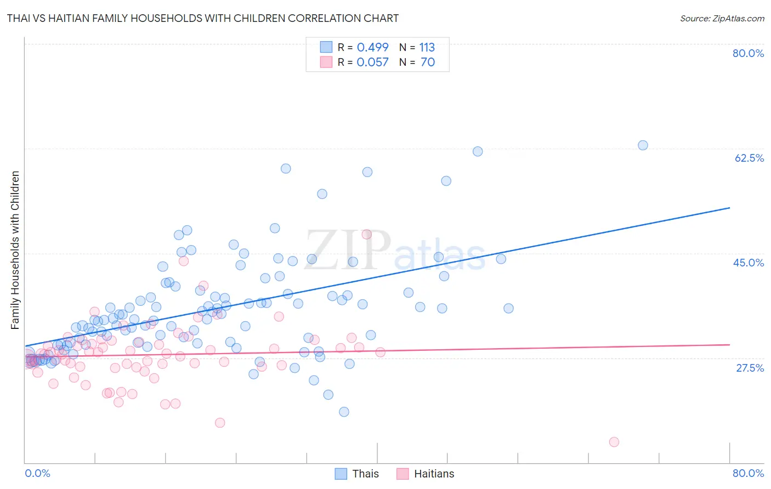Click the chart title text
click(x=203, y=18)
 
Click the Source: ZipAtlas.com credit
click(x=722, y=18)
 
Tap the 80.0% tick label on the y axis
click(x=748, y=53)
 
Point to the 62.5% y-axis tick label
click(x=749, y=158)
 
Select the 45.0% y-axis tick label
click(x=749, y=263)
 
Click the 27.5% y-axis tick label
click(x=750, y=368)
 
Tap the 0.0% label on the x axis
click(x=37, y=473)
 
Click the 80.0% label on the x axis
click(x=748, y=473)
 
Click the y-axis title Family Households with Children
click(x=15, y=250)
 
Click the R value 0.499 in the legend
click(x=372, y=48)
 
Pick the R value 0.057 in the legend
click(x=372, y=62)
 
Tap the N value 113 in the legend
click(x=427, y=48)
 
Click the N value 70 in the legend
click(x=427, y=62)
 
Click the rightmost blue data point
click(x=643, y=145)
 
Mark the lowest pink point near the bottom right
click(x=614, y=442)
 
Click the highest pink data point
click(x=367, y=235)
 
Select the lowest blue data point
click(x=344, y=412)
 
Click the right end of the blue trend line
click(x=729, y=208)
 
